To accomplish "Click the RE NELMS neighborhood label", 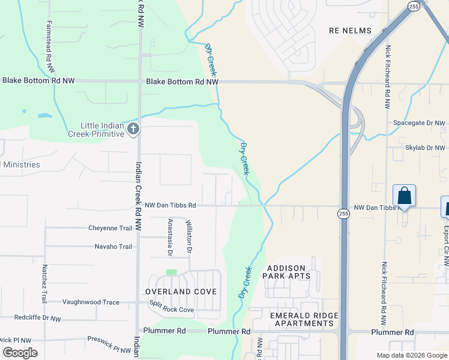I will point(350,31).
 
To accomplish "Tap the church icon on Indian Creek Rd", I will point(133,128).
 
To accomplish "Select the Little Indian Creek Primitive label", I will point(103,130).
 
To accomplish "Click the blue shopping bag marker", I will point(404,196).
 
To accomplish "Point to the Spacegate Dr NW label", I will point(420,123).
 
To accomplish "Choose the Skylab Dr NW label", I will point(426,148).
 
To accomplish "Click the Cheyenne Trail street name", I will point(110,228).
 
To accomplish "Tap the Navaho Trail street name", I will point(113,247).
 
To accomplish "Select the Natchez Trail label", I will point(44,283).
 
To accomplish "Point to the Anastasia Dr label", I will point(170,237).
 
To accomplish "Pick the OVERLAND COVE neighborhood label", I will point(181,292).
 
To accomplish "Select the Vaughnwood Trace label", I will point(91,302).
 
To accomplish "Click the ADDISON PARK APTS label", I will point(286,272).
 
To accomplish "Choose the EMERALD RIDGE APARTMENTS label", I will point(304,319).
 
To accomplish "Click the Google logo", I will point(20,353).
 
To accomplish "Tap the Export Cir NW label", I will point(446,238).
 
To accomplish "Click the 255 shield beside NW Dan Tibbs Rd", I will point(343,214).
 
